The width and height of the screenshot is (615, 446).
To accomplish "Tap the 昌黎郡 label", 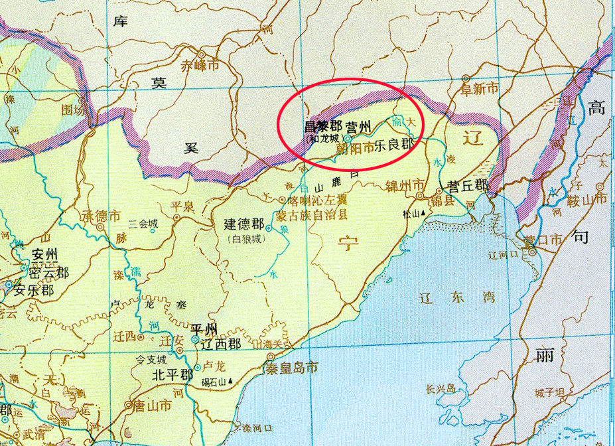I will click(322, 126).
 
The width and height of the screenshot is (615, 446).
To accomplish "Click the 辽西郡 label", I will click(220, 344).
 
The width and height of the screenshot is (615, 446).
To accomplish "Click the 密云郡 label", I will click(49, 271).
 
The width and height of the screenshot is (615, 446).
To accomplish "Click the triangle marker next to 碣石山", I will click(233, 382).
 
